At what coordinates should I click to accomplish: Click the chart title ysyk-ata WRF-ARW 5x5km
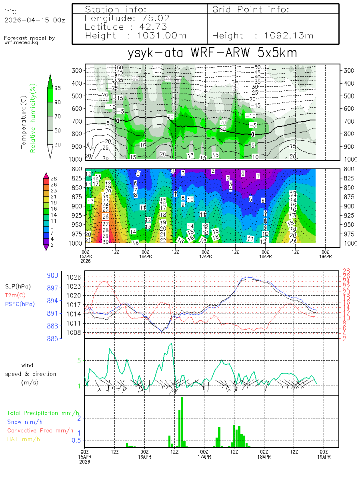[x=212, y=54]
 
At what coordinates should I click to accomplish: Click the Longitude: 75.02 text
[x=127, y=18]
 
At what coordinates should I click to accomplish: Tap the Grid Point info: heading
[x=251, y=9]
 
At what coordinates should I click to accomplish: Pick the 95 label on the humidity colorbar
[x=58, y=88]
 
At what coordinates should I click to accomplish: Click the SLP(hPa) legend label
[x=18, y=287]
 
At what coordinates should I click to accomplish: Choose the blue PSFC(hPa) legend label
[x=20, y=304]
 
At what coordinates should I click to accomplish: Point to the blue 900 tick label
[x=53, y=275]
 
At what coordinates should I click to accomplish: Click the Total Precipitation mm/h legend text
[x=43, y=413]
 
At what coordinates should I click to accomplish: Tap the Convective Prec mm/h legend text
[x=40, y=430]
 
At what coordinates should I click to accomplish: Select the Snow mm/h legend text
[x=25, y=422]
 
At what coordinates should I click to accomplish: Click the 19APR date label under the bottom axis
[x=324, y=456]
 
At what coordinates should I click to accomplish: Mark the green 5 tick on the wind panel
[x=79, y=360]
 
